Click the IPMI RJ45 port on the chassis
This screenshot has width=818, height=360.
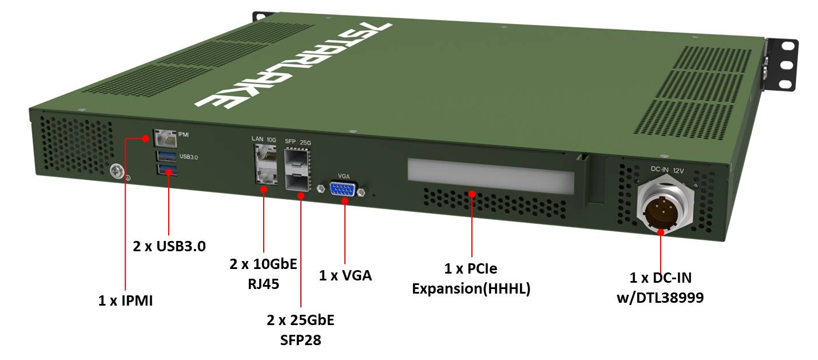click(x=165, y=138)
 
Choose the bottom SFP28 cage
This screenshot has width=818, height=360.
click(x=297, y=181)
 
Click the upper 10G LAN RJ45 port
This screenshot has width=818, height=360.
click(x=265, y=155)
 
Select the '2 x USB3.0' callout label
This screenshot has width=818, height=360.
click(x=169, y=246)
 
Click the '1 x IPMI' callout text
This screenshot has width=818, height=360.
click(x=125, y=300)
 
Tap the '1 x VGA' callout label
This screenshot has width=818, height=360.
click(x=345, y=275)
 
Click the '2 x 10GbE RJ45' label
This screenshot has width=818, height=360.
click(x=263, y=273)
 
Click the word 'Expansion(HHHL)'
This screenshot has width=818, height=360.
click(x=471, y=289)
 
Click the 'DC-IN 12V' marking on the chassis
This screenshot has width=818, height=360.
click(x=667, y=169)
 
